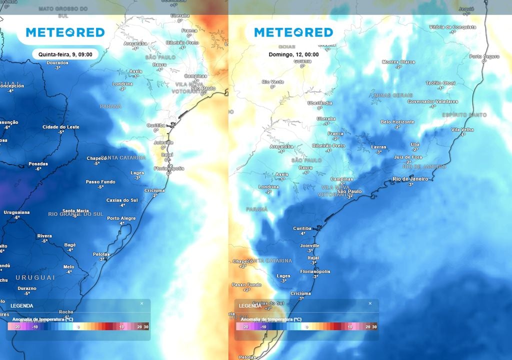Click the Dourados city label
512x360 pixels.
point(57,62)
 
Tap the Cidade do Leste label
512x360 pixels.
point(60,126)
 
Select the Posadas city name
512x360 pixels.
point(38,163)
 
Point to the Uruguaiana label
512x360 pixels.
point(17,212)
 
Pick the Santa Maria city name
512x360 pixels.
point(75,211)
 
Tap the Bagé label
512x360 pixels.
point(70,244)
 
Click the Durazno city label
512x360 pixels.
point(26,288)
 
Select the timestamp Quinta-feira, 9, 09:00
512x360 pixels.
point(65,54)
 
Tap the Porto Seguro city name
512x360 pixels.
point(484,56)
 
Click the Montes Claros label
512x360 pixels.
point(398,62)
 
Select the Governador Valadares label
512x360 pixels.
point(432,101)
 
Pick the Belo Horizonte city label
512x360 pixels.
point(397,121)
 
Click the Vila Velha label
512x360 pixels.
point(462,129)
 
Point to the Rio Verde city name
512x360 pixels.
point(273,81)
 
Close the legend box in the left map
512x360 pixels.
point(141,303)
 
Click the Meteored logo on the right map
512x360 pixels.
point(293,32)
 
